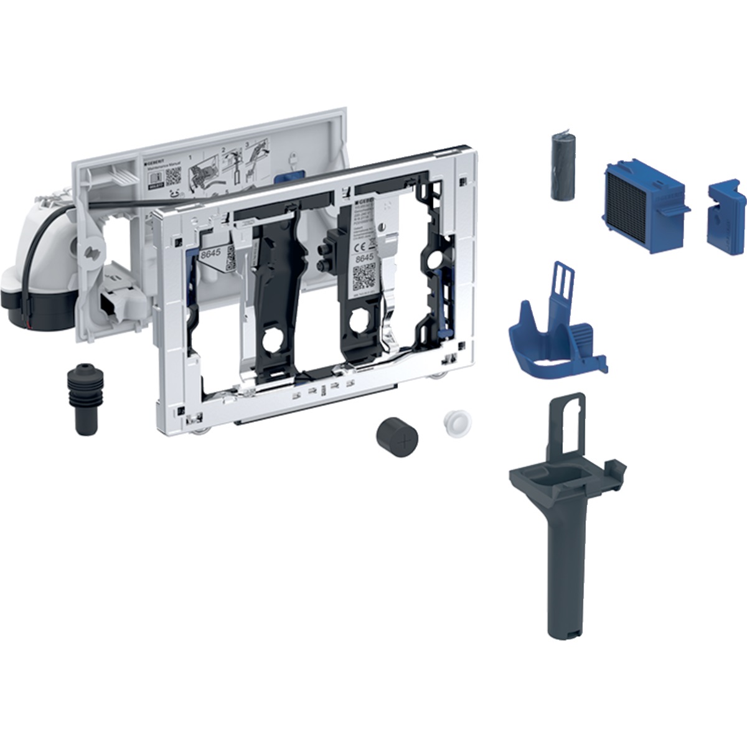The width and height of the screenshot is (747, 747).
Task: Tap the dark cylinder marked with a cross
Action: coord(397,433)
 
